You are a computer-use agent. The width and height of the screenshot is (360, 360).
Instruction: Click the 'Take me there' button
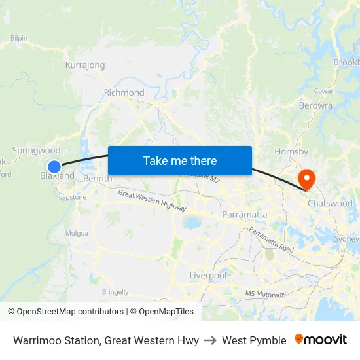coord(180,160)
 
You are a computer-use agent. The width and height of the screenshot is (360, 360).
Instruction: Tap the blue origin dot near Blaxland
coord(54,167)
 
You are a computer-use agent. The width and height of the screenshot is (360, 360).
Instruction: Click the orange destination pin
coord(306,179)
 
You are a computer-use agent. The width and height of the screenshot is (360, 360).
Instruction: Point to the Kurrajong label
coord(85,65)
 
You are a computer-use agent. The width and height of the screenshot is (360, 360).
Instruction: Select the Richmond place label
coord(124,92)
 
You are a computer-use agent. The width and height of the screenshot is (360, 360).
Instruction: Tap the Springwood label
coord(36,151)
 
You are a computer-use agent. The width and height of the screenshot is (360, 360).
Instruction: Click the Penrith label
coord(98,179)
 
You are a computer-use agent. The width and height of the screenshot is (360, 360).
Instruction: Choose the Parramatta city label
coord(245,214)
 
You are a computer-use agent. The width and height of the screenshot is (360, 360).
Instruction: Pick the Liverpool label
coord(207,276)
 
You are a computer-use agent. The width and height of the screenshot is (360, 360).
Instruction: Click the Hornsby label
coord(291,152)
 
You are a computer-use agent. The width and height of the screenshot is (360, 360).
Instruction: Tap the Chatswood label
coord(330,203)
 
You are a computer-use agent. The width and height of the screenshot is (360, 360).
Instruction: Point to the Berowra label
coord(315,105)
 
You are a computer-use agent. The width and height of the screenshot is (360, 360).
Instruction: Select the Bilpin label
coord(18,38)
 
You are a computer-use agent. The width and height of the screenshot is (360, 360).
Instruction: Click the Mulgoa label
coord(77,232)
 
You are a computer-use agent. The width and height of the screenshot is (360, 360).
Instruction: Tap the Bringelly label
coord(115,292)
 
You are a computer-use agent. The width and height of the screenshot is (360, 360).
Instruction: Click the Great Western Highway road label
coord(152,200)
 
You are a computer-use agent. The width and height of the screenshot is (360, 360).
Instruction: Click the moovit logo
coord(320,340)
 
